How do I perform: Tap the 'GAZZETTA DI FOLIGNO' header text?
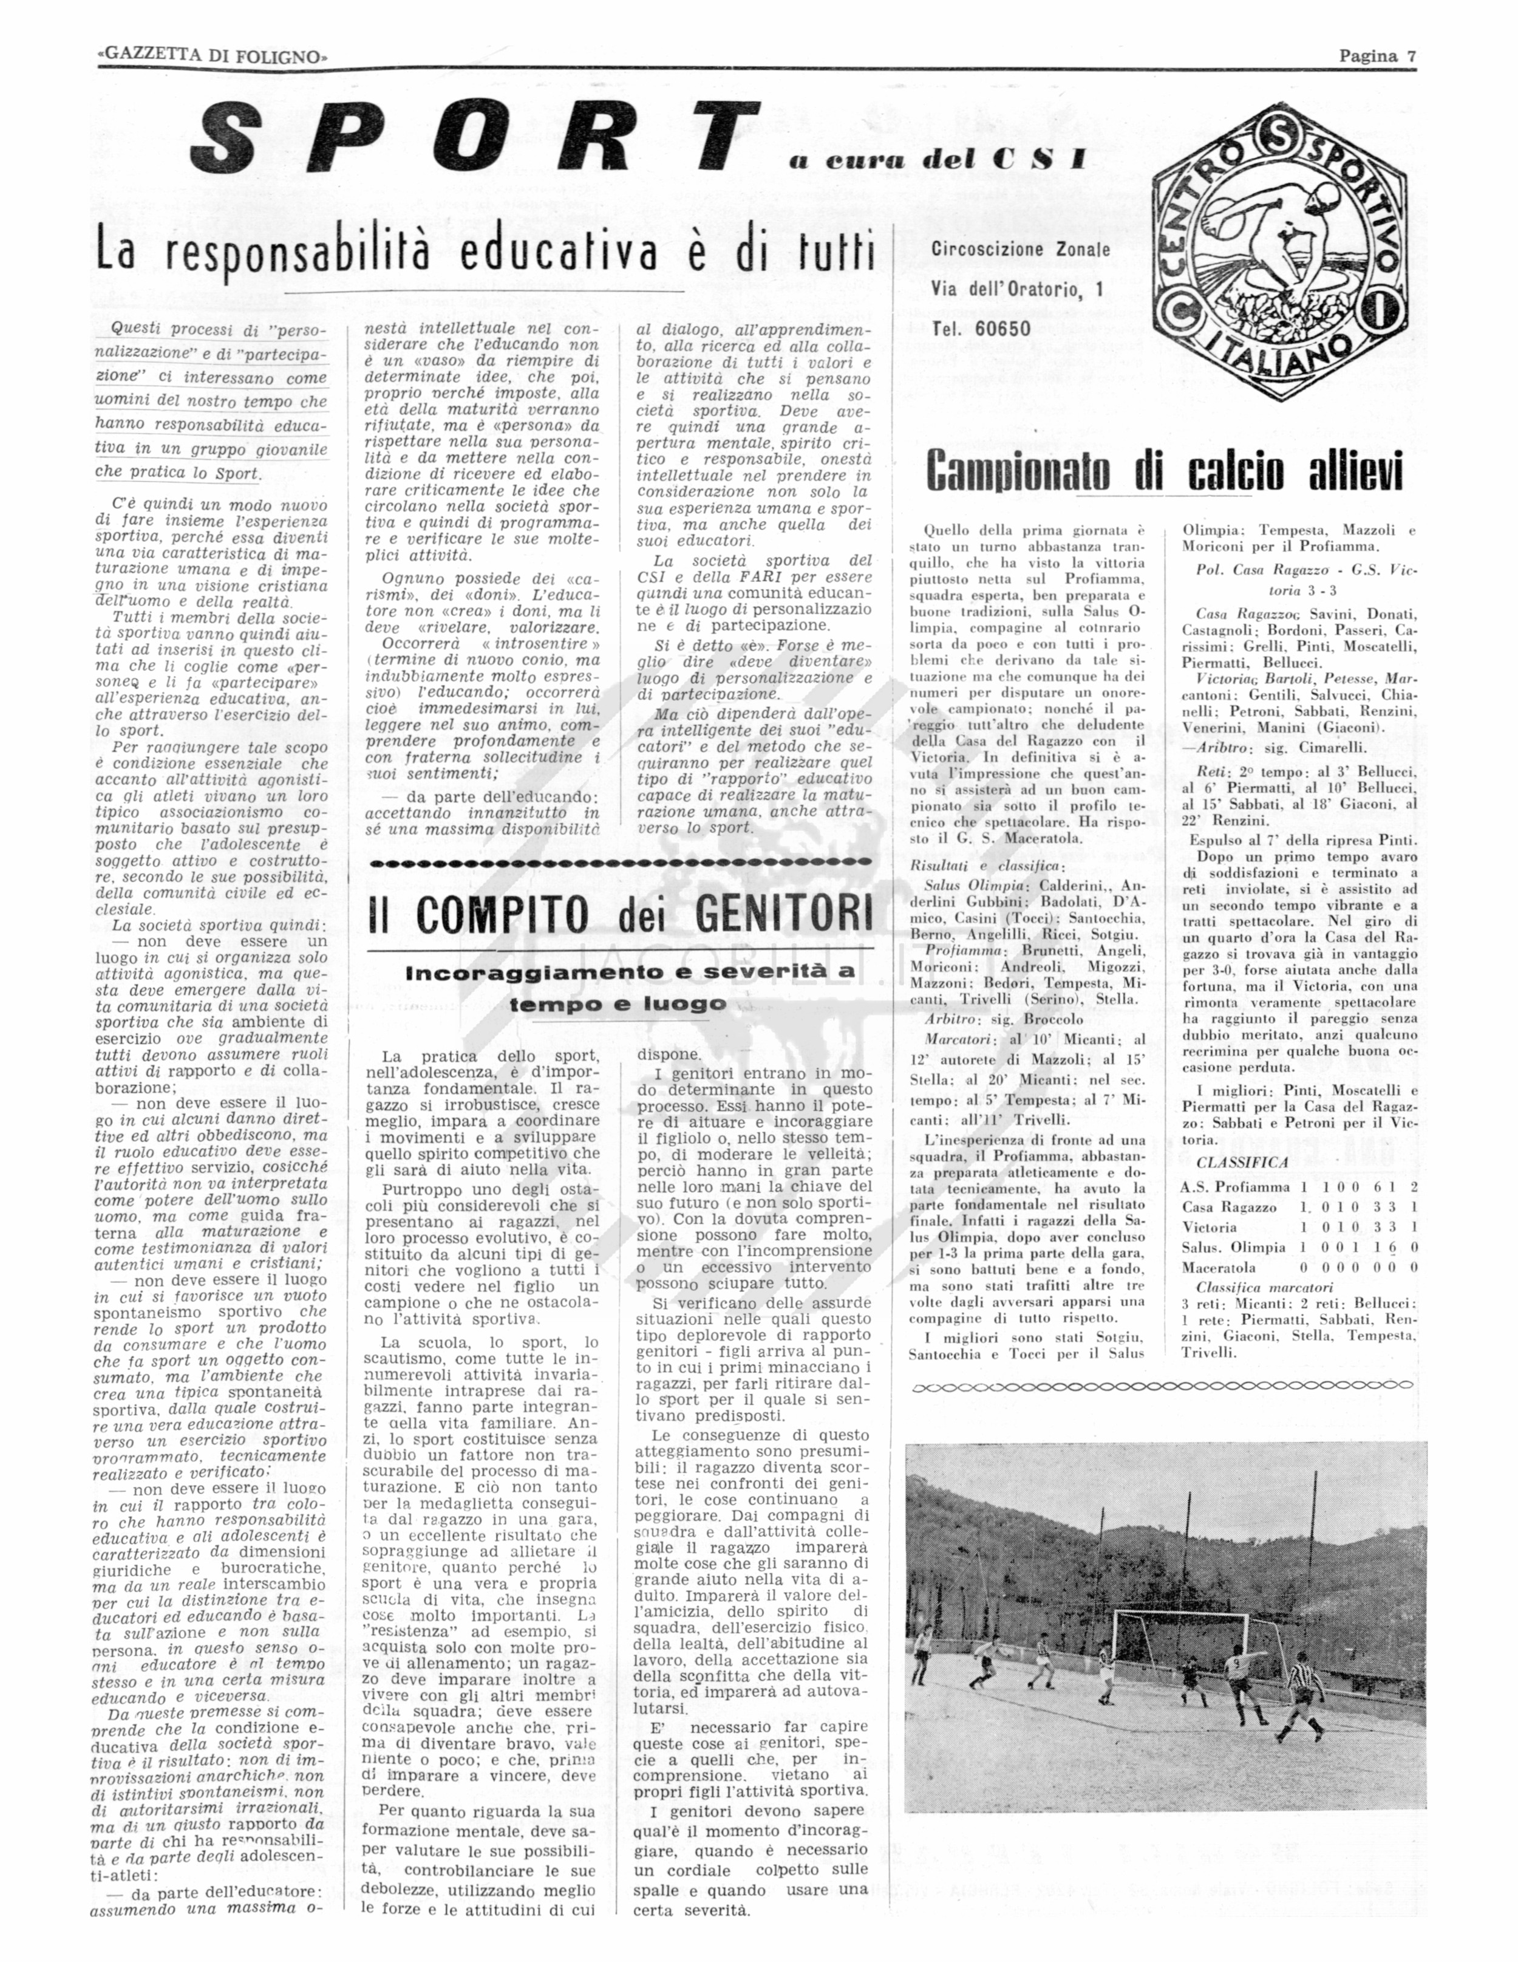(212, 56)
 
